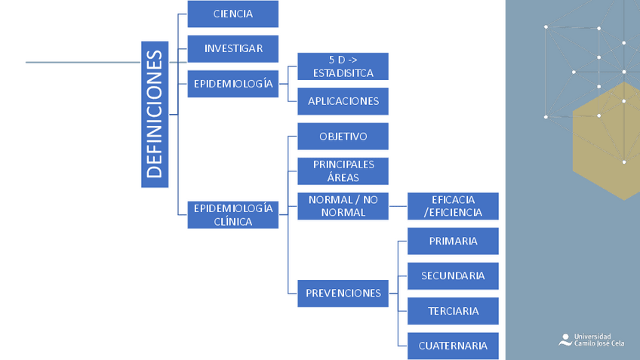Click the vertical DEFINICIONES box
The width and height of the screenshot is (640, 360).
pos(155,114)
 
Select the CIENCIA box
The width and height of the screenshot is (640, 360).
pos(232,14)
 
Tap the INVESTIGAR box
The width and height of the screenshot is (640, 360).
pos(232,48)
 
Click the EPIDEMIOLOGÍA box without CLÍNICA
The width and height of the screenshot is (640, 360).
pos(232,84)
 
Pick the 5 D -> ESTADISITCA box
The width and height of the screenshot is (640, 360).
pos(343,66)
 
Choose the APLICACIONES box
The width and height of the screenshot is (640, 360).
pos(343,101)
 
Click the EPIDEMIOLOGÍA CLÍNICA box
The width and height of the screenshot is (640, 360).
pos(232,214)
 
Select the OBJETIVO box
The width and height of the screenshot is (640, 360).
pos(343,137)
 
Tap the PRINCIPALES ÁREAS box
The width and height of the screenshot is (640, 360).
pos(343,171)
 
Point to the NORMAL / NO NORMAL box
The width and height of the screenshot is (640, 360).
pos(343,206)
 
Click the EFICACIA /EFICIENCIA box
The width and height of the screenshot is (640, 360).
pos(453,206)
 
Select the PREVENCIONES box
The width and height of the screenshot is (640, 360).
pos(343,293)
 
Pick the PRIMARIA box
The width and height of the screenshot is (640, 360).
pos(453,241)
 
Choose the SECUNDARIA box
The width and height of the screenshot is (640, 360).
pos(453,275)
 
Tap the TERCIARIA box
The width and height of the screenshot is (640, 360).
pos(453,311)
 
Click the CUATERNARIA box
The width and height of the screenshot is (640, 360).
pos(453,346)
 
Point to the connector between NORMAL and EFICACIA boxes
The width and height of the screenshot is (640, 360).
pos(398,206)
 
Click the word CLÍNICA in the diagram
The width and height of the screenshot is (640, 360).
pos(233,222)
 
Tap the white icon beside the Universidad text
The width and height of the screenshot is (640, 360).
pos(565,340)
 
